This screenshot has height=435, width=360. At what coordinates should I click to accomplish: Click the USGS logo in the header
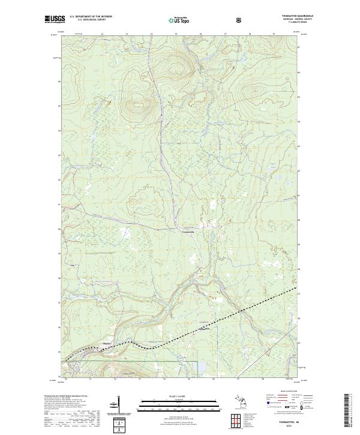point(55,19)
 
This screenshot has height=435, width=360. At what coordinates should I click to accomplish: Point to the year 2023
point(289,426)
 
